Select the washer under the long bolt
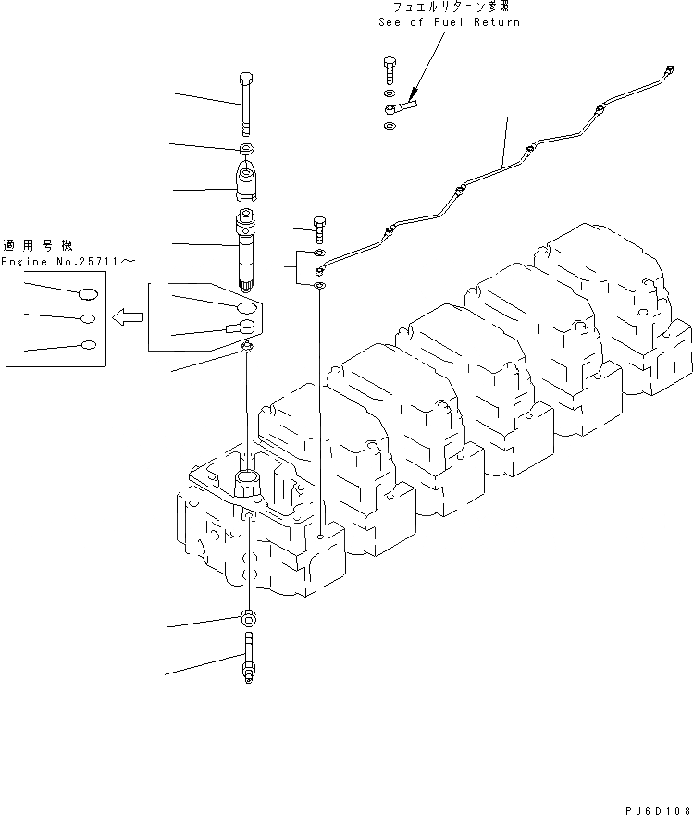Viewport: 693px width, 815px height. pos(246,149)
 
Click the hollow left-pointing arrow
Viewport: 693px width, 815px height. pos(128,318)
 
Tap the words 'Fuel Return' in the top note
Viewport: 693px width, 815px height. pos(477,22)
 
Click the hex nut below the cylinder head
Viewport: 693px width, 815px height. pos(247,618)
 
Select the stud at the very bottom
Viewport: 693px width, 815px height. pos(247,659)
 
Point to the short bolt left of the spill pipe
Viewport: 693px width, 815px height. pos(319,228)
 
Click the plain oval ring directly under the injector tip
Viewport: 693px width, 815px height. pos(246,306)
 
